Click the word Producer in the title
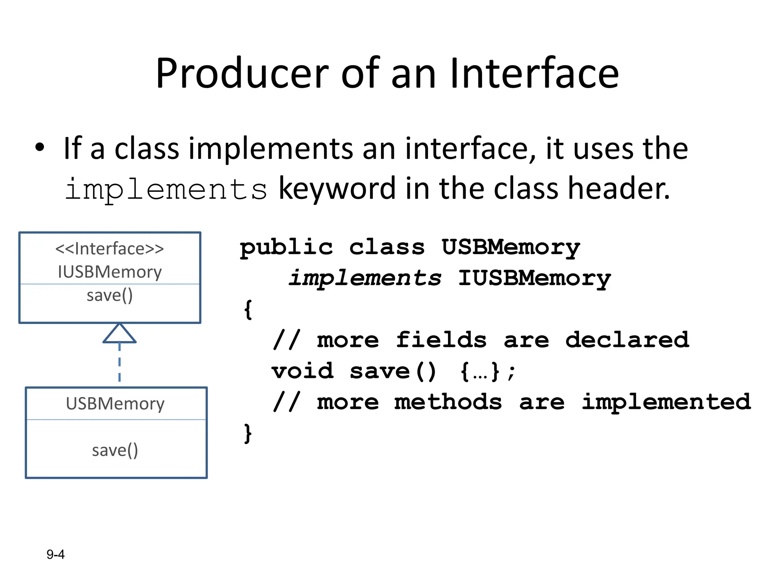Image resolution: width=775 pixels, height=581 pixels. pos(242,74)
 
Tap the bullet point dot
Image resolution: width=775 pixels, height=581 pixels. pos(40,148)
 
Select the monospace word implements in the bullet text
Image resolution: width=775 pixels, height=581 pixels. pos(166,189)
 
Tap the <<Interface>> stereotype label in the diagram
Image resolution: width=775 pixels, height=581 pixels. pos(110,249)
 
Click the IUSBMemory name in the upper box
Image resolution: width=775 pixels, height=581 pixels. pos(110,272)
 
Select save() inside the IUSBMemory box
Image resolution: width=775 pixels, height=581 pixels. pos(110,295)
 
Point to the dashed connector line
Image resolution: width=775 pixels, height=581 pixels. pos(120,363)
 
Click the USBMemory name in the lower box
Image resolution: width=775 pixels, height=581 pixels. pos(115,404)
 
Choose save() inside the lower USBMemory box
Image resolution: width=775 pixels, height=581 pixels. pos(115,450)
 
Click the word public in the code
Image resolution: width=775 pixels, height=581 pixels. pos(286,248)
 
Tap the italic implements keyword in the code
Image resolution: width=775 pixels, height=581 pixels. pos(365,278)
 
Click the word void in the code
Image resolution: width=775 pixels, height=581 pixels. pos(303,371)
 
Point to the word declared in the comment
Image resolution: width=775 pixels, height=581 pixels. pos(627,340)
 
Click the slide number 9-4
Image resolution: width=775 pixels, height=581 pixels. pos(56,555)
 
